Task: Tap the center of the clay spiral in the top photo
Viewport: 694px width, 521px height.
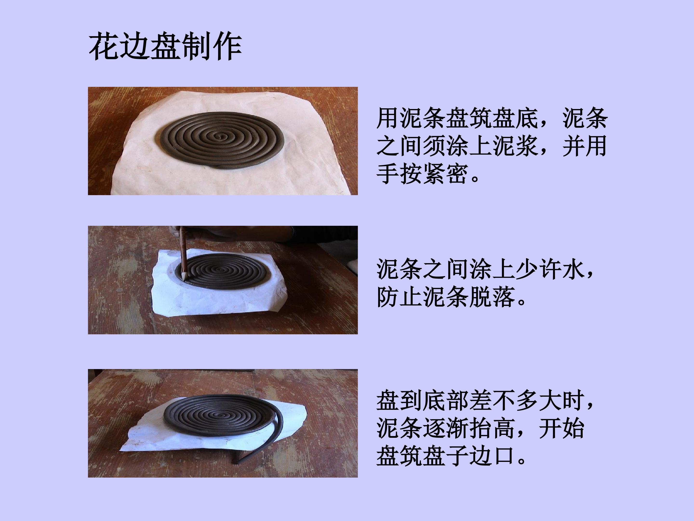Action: point(222,137)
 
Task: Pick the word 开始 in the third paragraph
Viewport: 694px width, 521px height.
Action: point(561,429)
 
